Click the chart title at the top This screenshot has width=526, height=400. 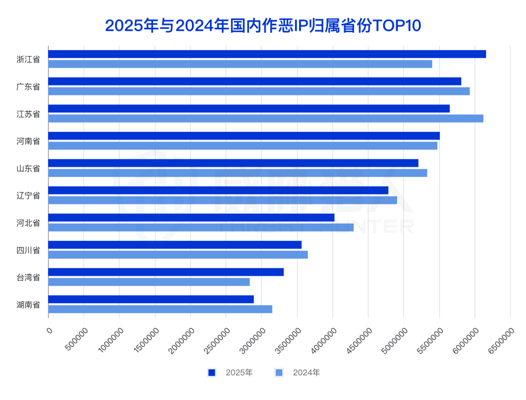(x=263, y=25)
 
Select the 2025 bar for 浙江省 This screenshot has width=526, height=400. (x=267, y=54)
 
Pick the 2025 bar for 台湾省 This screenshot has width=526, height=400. (x=166, y=272)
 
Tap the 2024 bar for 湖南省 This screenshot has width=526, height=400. (x=160, y=309)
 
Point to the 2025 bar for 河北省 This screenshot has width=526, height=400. (x=191, y=217)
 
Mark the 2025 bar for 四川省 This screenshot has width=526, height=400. (x=175, y=245)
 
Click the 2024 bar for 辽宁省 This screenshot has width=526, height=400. (x=223, y=200)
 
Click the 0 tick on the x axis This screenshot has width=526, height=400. (x=49, y=330)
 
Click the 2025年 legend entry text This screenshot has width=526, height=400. (x=239, y=373)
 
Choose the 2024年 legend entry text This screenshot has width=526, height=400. (x=306, y=373)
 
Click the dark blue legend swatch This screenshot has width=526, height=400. (x=212, y=373)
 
